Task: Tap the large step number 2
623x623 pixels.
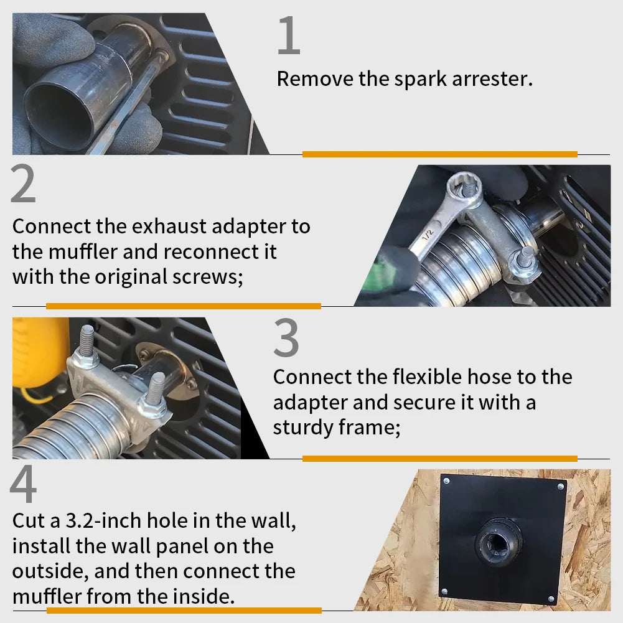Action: (23, 184)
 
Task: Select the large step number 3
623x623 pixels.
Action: (286, 337)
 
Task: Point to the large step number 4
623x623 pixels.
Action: (24, 484)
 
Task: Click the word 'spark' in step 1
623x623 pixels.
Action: (420, 80)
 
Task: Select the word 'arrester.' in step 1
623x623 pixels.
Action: (492, 78)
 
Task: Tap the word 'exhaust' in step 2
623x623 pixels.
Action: (169, 227)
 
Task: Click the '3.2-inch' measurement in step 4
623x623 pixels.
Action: (106, 520)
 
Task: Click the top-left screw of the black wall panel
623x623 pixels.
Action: (447, 481)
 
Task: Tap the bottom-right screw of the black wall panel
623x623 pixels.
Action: (551, 599)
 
